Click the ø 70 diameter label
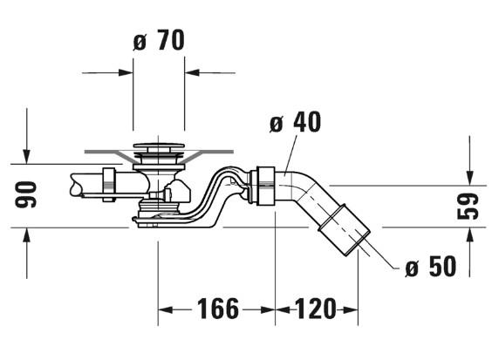[159, 40]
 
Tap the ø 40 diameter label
[295, 122]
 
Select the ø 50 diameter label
[431, 266]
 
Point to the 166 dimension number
[218, 309]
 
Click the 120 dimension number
[315, 309]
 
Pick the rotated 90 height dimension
[25, 194]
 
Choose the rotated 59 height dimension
[468, 206]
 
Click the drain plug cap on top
[159, 146]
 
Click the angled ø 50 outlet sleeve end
[345, 230]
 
